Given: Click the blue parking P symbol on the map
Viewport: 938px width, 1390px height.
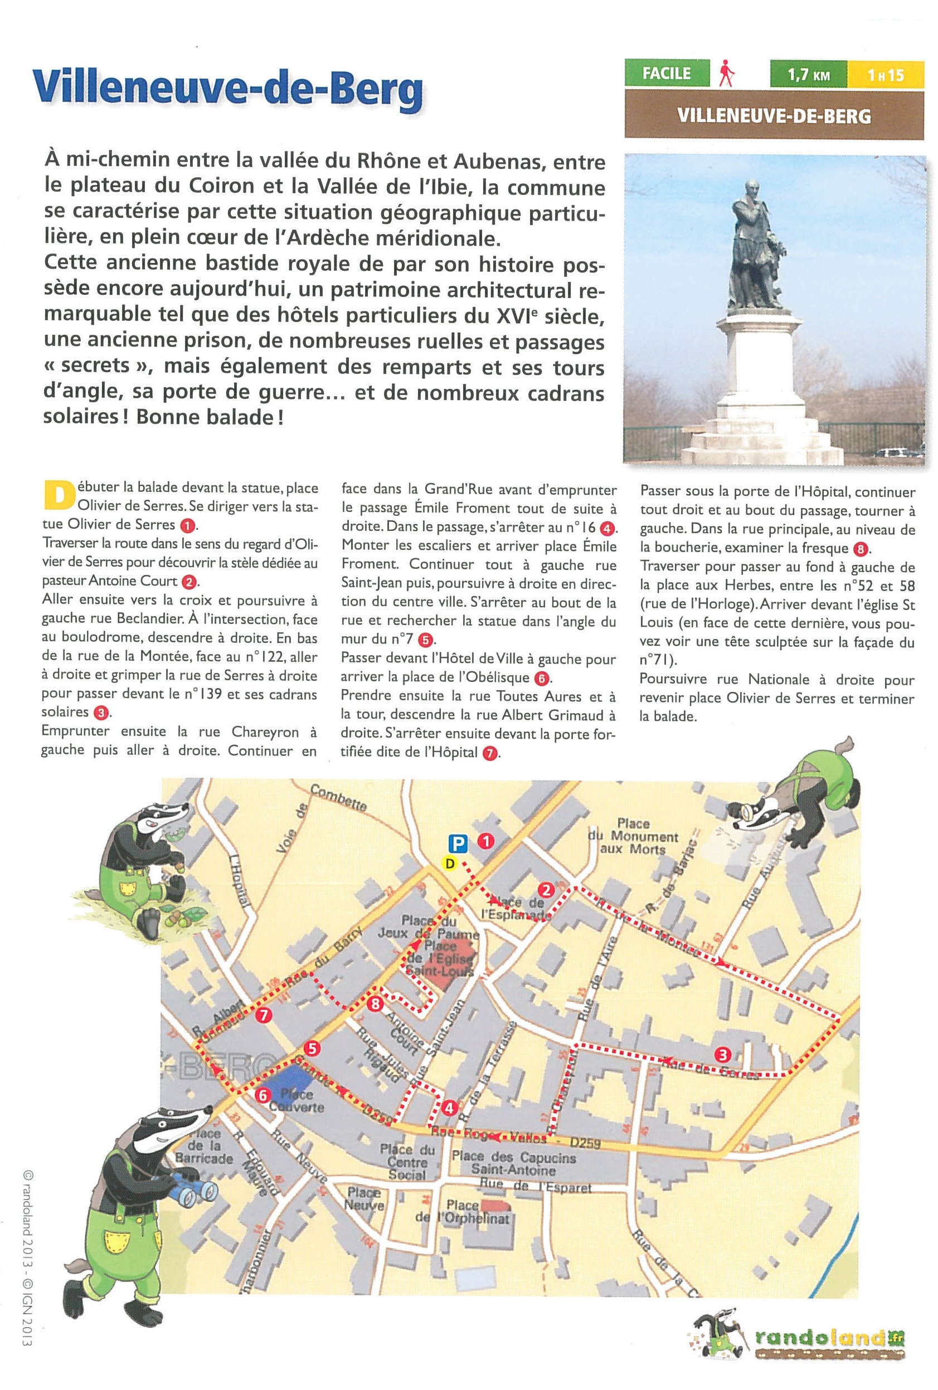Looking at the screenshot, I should click(x=458, y=843).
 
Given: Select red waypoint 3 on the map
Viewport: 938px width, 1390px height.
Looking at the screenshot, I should click(x=723, y=1054).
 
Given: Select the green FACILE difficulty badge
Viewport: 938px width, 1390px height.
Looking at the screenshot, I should click(x=667, y=74).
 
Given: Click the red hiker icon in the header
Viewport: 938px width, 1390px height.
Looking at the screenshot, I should click(x=727, y=74).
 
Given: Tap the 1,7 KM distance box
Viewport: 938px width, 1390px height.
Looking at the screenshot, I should click(x=808, y=75).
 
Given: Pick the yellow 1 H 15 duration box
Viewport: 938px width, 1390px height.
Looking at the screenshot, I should click(x=886, y=75).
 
